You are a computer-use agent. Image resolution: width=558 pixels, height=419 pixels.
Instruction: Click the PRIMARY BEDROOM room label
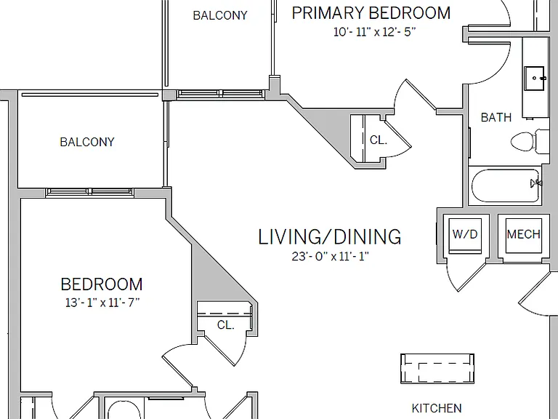371,13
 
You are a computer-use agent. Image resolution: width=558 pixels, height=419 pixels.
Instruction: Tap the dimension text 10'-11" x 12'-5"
374,32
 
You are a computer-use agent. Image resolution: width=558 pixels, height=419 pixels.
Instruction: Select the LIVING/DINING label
330,236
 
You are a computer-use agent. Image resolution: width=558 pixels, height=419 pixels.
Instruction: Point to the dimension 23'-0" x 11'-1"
330,256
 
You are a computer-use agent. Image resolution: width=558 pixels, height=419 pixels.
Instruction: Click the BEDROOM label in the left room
102,284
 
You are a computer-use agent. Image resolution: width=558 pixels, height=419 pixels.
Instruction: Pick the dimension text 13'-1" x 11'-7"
102,303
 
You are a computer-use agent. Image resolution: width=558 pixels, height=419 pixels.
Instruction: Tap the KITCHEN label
437,408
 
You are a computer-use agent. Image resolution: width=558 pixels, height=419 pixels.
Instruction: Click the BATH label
496,117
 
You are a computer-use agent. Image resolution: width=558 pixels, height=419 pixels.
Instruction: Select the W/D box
465,236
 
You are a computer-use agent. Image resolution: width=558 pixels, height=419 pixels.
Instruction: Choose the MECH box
523,236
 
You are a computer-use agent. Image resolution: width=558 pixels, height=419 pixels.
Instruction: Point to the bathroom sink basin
534,78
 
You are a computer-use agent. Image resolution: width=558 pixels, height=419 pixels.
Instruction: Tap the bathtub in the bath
506,186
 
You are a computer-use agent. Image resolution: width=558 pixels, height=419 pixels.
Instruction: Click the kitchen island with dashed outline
437,369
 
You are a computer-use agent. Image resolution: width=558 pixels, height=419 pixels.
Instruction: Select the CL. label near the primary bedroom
379,140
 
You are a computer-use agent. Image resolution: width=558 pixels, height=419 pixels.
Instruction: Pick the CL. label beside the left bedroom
226,325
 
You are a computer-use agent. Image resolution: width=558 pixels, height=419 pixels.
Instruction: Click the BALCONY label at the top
220,15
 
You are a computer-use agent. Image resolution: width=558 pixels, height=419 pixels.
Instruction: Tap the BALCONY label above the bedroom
87,142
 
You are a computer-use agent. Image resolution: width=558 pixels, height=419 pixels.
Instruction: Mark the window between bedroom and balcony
89,192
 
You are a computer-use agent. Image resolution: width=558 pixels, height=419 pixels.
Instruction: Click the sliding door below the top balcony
221,95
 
